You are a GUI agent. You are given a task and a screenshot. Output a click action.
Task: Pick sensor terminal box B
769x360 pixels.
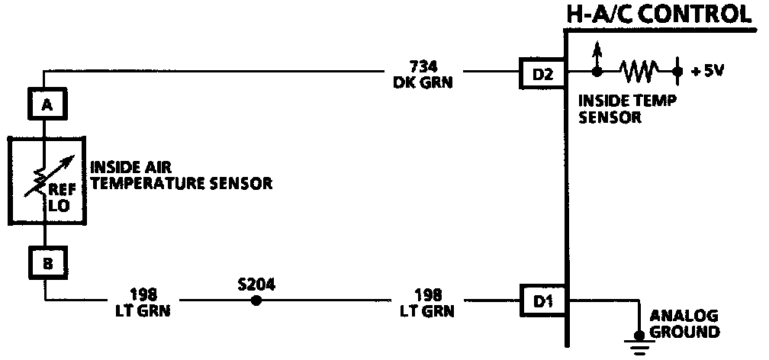47,264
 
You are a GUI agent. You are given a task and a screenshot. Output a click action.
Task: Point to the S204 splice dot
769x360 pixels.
256,301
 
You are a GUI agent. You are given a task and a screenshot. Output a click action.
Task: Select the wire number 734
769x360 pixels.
423,66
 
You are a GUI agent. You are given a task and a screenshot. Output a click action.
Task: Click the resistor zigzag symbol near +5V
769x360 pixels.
638,72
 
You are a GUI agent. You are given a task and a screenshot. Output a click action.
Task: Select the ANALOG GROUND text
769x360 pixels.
684,324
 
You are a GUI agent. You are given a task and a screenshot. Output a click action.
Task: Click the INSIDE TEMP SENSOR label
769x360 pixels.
618,108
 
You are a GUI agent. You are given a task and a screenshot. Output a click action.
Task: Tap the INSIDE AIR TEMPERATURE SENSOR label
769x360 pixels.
182,175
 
